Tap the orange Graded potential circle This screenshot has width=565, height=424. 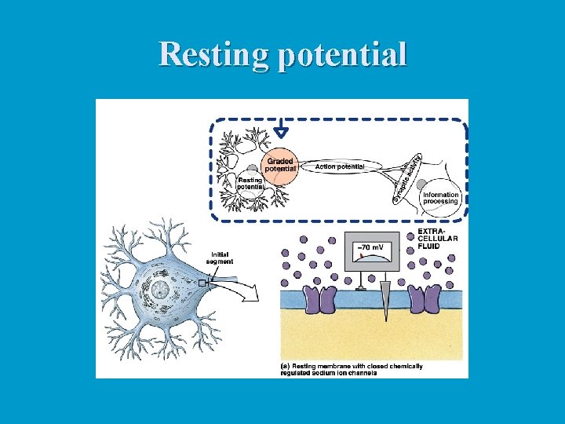(x=280, y=166)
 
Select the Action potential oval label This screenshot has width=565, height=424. (x=339, y=166)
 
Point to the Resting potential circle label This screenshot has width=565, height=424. (x=250, y=183)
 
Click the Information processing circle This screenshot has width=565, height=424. (x=440, y=196)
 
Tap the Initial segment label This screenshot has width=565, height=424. (x=221, y=258)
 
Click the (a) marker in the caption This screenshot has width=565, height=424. (x=286, y=366)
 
